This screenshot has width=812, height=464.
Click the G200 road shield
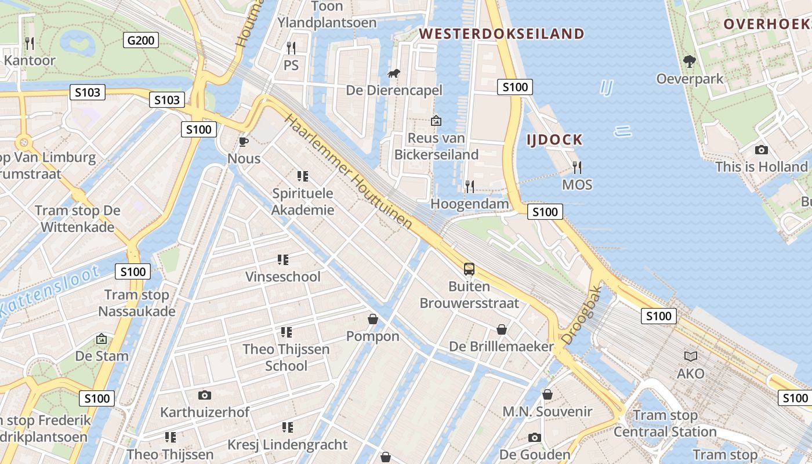(141, 40)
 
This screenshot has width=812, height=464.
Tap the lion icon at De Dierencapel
(394, 73)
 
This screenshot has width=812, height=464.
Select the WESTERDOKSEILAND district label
(502, 34)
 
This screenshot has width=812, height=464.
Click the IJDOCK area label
(554, 140)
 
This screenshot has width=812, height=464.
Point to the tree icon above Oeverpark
(690, 61)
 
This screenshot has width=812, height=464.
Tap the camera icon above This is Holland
(762, 150)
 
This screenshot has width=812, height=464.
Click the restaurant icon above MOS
(577, 168)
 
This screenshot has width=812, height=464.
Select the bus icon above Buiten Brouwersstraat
(469, 269)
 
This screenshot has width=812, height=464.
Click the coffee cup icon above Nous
(244, 142)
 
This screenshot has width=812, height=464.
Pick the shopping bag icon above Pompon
(373, 320)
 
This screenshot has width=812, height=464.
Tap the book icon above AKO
(691, 356)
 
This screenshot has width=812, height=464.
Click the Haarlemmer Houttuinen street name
(349, 171)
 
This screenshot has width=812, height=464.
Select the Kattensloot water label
(49, 292)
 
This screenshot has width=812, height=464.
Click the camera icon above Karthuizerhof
(204, 396)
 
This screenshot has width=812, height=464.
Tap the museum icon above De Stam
(101, 339)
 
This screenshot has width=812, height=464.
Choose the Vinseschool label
(282, 277)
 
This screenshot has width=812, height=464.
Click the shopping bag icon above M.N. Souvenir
(547, 395)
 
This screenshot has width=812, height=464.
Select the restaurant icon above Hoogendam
(469, 187)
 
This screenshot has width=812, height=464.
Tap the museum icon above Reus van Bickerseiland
(436, 121)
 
